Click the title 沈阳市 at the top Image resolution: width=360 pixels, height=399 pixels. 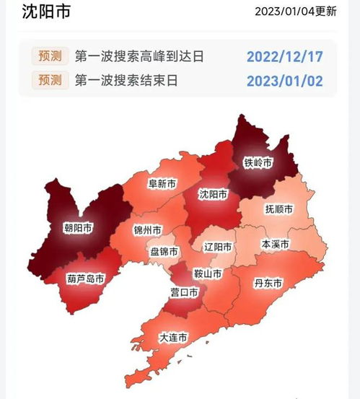tap(48, 12)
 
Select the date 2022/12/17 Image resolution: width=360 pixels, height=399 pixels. tap(285, 56)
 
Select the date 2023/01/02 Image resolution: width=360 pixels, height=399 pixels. tap(285, 80)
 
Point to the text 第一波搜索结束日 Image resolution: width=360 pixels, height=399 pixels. tap(126, 80)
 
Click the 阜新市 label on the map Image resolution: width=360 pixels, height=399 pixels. tap(162, 184)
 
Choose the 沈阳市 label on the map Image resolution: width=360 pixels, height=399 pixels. tap(213, 195)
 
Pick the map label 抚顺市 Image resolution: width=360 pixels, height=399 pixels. tap(278, 209)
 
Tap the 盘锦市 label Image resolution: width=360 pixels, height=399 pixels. tap(164, 251)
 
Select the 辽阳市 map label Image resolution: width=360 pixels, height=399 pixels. tap(218, 247)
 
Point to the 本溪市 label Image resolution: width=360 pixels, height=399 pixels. tap(275, 245)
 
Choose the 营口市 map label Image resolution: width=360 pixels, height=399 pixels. tap(184, 292)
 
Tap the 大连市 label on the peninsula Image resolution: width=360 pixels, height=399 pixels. tap(173, 338)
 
